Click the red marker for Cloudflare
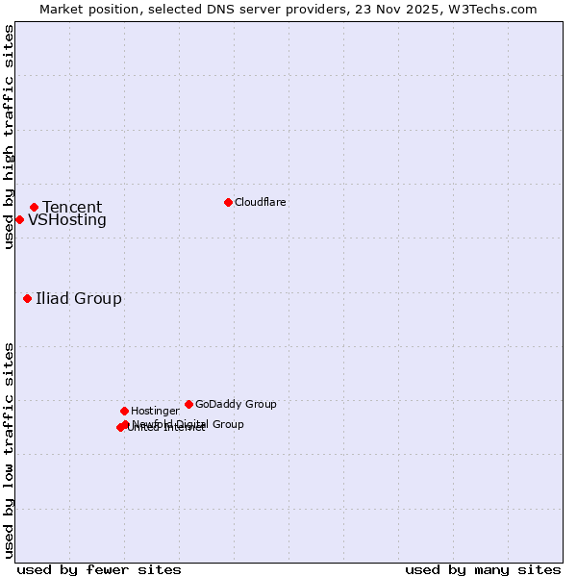click(x=228, y=202)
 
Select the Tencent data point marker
click(x=34, y=207)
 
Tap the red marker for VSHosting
click(x=19, y=219)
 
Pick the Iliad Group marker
click(x=27, y=298)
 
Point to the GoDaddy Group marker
click(x=188, y=404)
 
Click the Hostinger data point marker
click(x=124, y=411)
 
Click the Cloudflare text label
click(x=260, y=202)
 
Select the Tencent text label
click(x=72, y=207)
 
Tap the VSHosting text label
click(x=67, y=220)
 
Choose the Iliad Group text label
click(x=79, y=298)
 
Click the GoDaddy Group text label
click(x=236, y=404)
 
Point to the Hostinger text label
click(x=155, y=411)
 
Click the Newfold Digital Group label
click(x=188, y=424)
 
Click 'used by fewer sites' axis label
click(x=99, y=569)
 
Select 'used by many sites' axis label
click(x=483, y=569)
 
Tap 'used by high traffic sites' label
click(x=9, y=137)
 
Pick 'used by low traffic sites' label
click(x=9, y=450)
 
